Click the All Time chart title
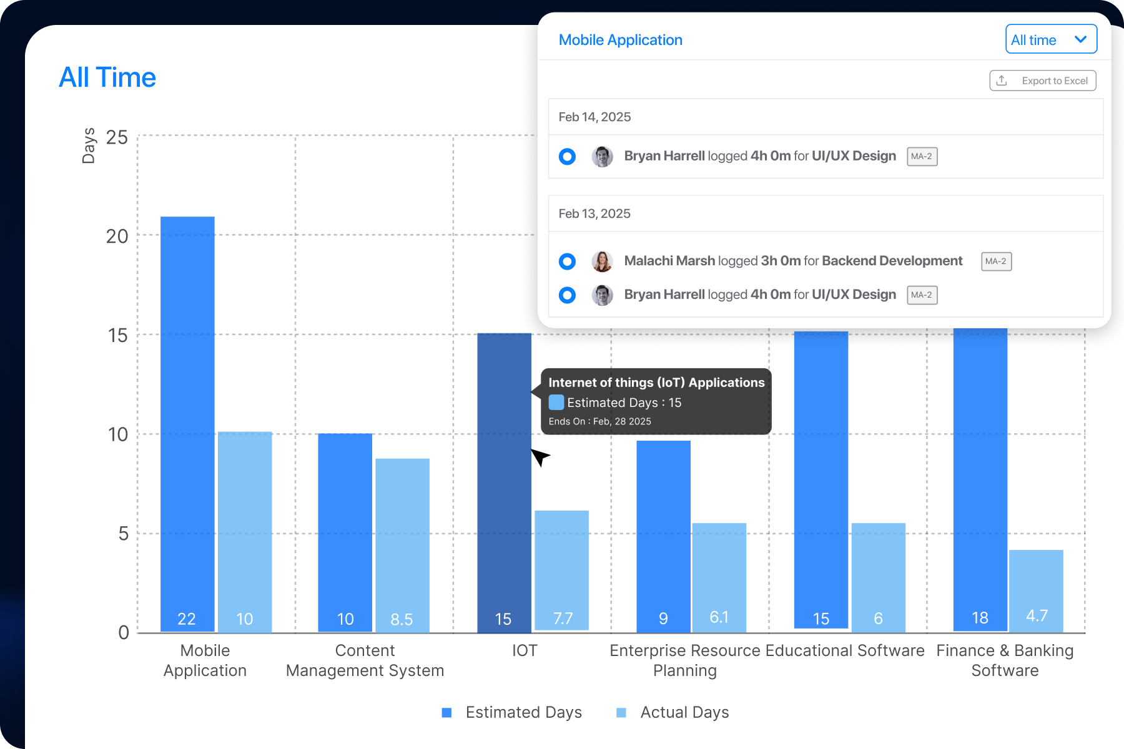[x=107, y=78]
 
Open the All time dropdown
[x=1051, y=40]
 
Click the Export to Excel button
[x=1043, y=81]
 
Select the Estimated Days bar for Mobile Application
[x=187, y=424]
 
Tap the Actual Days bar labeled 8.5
[x=402, y=543]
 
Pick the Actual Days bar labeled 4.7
[x=1036, y=590]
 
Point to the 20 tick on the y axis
[x=117, y=237]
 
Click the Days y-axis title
[x=89, y=145]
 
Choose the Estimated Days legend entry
[x=512, y=713]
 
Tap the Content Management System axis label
[x=365, y=660]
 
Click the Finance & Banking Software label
[x=1005, y=660]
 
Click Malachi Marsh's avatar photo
[x=602, y=261]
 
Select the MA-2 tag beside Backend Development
[x=996, y=261]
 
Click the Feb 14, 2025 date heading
[x=594, y=117]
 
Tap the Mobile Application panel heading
[x=620, y=40]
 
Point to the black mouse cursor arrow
[x=539, y=456]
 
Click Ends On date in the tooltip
[x=599, y=421]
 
